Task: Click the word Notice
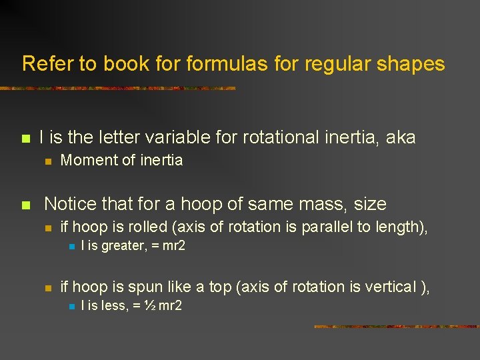pyautogui.click(x=71, y=203)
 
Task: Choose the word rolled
pyautogui.click(x=147, y=227)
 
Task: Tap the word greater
pyautogui.click(x=123, y=246)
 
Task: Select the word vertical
pyautogui.click(x=387, y=287)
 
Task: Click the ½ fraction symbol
pyautogui.click(x=149, y=306)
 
